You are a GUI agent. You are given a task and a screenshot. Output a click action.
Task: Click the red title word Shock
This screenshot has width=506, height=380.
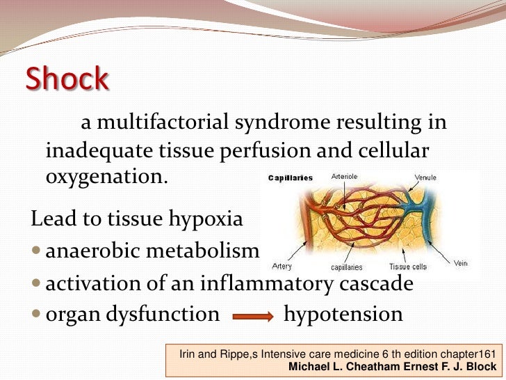click(x=67, y=80)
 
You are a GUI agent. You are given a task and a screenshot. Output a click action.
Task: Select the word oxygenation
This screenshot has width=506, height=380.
click(x=106, y=176)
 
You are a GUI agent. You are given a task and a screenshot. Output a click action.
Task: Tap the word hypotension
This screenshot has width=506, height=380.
click(x=343, y=314)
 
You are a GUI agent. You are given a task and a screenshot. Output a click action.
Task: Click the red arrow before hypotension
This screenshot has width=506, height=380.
click(x=252, y=317)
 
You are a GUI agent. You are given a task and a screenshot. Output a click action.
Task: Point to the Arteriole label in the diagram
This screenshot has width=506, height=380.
click(x=345, y=177)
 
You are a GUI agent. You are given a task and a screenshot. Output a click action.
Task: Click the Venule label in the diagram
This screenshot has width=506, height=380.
click(x=425, y=177)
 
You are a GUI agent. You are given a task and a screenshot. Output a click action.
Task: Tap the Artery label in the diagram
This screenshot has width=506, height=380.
click(x=282, y=266)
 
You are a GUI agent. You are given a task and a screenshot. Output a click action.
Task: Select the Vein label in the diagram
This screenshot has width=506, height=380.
click(x=460, y=263)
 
